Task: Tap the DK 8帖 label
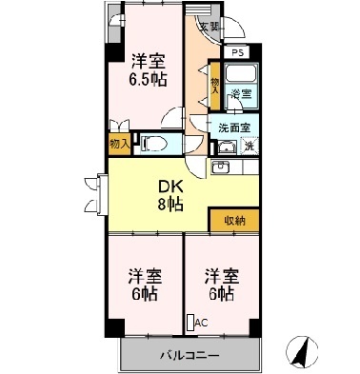pos(171,194)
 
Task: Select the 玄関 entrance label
pos(208,28)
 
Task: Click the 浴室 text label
pos(242,94)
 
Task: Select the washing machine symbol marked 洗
pos(248,145)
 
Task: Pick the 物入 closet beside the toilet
pos(119,144)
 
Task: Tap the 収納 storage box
pos(234,220)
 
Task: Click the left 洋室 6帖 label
pos(146,285)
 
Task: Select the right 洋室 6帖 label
pos(219,285)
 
